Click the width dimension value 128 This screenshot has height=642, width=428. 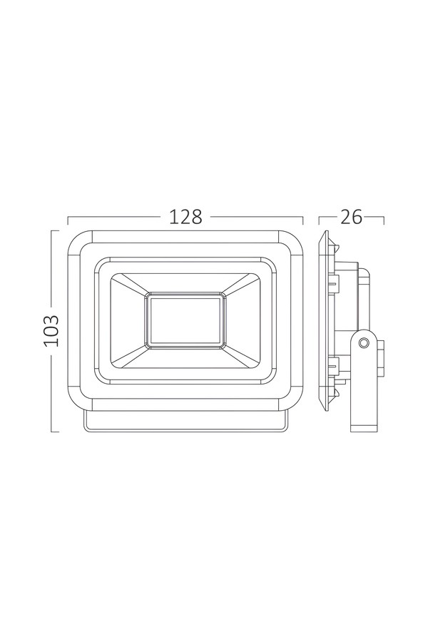tap(185, 217)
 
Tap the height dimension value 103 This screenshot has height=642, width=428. tap(52, 331)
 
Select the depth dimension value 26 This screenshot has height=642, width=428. tap(352, 217)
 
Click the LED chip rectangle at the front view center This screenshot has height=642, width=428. tap(185, 320)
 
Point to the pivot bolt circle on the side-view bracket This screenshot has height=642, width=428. tap(363, 342)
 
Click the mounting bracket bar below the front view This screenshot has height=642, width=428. tap(185, 422)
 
